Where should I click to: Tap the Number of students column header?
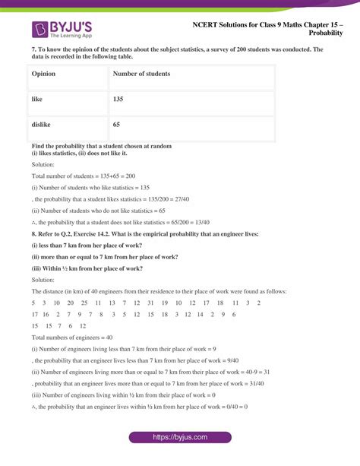(141, 74)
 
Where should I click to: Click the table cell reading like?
(37, 100)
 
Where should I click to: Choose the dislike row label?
(42, 124)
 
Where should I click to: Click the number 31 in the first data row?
(151, 303)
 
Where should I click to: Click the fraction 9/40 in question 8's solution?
(232, 360)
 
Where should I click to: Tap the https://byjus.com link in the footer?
(180, 438)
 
